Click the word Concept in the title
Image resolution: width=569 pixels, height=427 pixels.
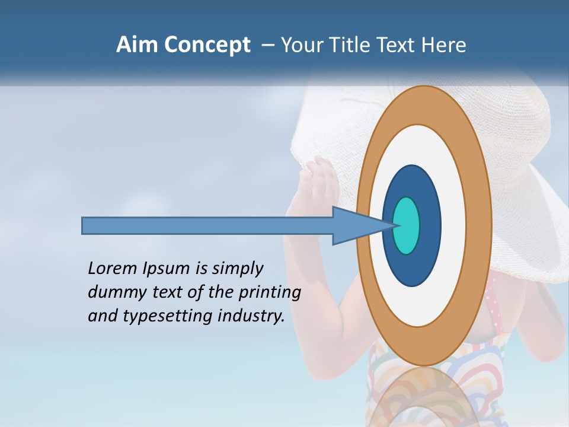click(x=207, y=46)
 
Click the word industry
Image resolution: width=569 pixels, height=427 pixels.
click(x=251, y=316)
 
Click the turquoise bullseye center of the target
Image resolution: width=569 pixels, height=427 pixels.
click(x=407, y=225)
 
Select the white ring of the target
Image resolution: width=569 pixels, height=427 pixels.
click(x=453, y=225)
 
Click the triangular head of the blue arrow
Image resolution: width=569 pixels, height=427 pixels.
click(x=356, y=225)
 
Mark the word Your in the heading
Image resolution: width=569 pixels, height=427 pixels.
click(x=301, y=45)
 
